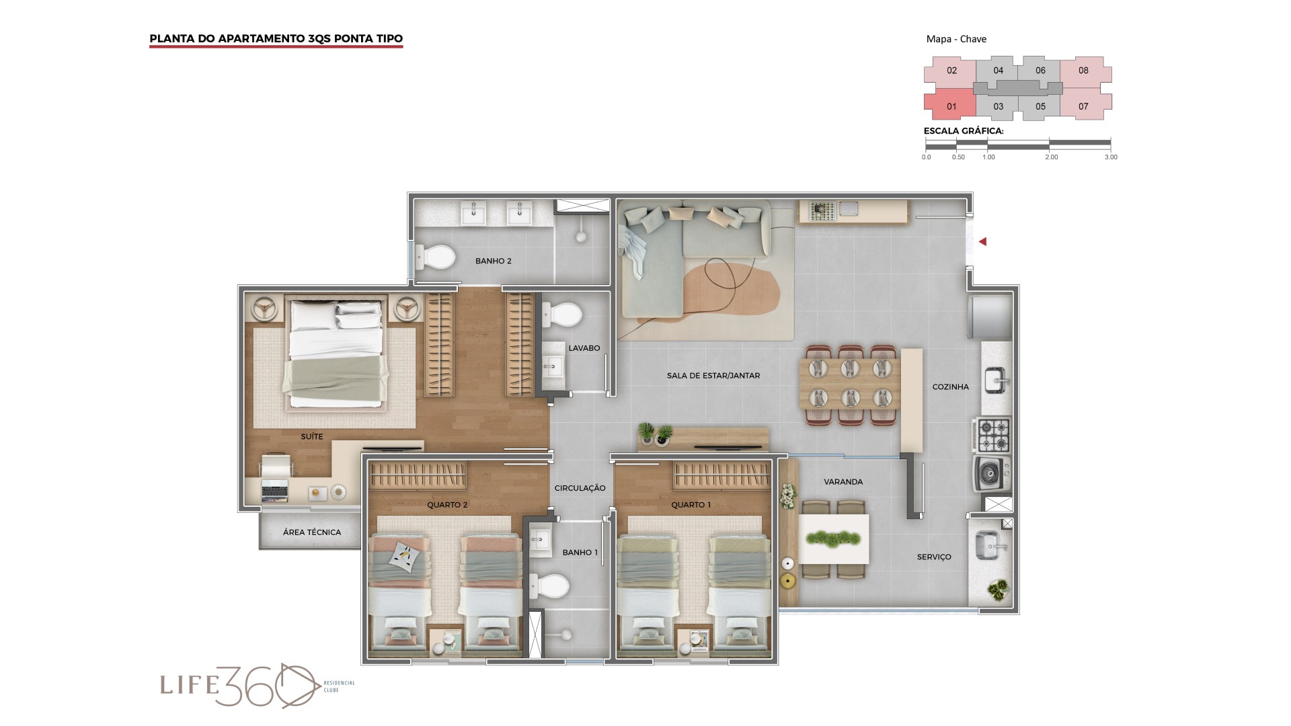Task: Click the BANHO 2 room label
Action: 493,261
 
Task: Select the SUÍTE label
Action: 311,436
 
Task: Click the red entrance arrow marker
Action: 982,241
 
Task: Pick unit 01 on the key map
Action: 950,106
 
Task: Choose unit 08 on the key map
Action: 1084,71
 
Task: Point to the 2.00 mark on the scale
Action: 1051,157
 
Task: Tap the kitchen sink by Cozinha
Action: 995,380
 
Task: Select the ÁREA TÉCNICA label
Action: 311,532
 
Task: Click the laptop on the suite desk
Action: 274,490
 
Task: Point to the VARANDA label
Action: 843,482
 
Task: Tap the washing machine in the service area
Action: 990,474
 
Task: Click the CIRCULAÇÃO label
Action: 580,488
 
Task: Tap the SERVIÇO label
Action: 934,557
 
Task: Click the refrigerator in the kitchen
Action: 990,317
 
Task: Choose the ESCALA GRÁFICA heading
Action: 964,131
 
